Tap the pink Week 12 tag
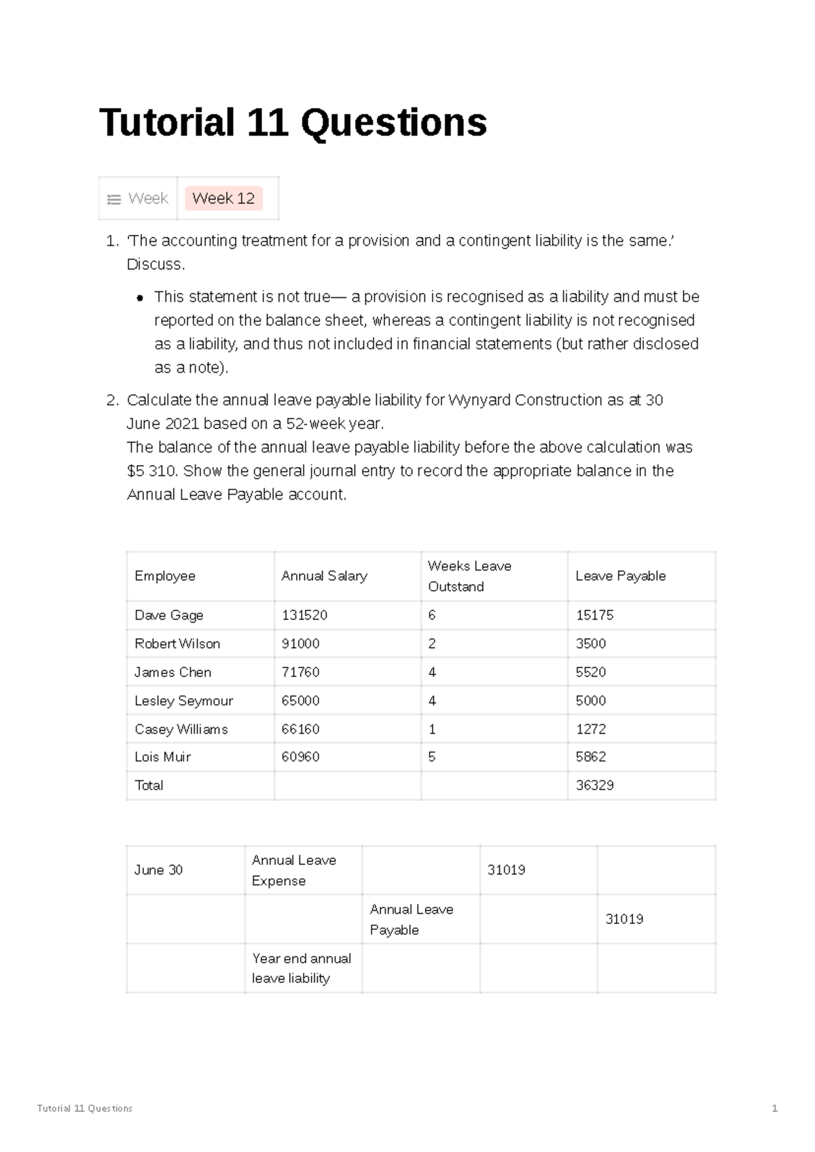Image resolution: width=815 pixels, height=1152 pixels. point(223,198)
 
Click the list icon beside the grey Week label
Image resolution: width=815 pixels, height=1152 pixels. point(113,200)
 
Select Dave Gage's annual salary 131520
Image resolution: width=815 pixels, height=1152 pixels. point(304,615)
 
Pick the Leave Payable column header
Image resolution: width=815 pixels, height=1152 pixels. point(620,576)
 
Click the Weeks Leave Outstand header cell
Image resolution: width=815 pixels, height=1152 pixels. point(469,576)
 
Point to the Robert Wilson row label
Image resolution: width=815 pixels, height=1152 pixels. point(177,644)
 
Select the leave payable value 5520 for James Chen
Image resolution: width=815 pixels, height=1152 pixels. point(591,672)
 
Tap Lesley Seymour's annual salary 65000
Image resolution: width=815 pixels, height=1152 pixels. point(300,701)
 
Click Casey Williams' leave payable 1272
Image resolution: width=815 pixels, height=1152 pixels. point(591,729)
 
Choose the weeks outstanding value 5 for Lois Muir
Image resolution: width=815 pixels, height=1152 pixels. point(432,757)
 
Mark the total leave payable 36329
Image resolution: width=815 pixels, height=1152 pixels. point(594,785)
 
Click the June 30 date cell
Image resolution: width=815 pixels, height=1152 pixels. point(158,870)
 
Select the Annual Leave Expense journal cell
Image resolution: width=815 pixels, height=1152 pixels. point(294,870)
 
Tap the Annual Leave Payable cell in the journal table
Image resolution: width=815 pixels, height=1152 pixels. point(411,919)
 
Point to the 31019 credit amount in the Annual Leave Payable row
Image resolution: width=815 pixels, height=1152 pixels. point(624,919)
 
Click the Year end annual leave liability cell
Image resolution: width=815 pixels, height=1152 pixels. point(302,968)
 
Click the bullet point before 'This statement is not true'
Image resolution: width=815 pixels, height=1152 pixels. point(140,298)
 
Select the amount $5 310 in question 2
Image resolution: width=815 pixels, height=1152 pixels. point(151,471)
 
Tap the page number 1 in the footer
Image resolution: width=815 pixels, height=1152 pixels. point(774,1109)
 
